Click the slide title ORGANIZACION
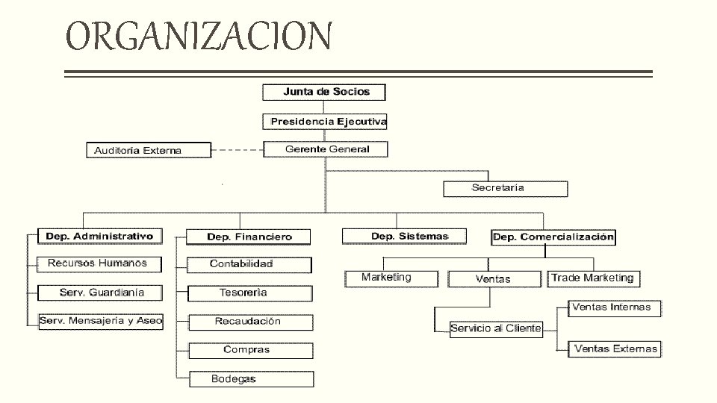198,36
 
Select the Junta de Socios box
326,92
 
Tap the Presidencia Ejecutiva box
326,121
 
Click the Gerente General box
326,149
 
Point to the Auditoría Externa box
149,151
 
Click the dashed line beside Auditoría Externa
237,150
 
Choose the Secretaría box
505,188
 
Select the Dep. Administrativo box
99,237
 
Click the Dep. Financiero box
249,237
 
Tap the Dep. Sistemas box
404,237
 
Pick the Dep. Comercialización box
553,237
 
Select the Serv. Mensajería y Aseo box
102,321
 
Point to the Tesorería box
249,293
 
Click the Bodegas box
250,379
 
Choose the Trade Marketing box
593,278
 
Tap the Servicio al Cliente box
496,328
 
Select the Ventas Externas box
615,349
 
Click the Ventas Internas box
614,307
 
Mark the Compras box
250,350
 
